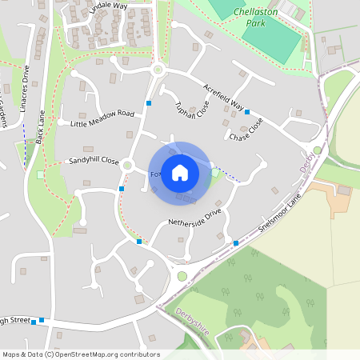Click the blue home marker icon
pyautogui.click(x=180, y=173)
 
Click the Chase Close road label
pyautogui.click(x=246, y=130)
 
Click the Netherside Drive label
pyautogui.click(x=194, y=217)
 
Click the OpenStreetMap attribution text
pyautogui.click(x=80, y=354)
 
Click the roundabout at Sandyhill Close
pyautogui.click(x=126, y=165)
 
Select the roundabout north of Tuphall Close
pyautogui.click(x=158, y=70)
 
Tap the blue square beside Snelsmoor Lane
pyautogui.click(x=235, y=242)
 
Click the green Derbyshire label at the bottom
pyautogui.click(x=193, y=314)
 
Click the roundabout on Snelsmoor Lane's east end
pyautogui.click(x=318, y=150)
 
